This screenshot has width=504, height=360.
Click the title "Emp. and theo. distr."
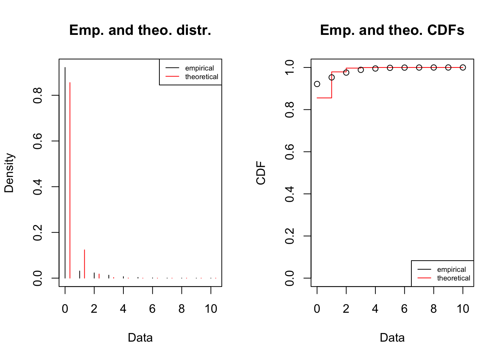point(140,30)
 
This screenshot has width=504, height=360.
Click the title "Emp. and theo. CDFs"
point(392,30)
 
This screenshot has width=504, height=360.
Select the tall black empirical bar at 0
point(65,172)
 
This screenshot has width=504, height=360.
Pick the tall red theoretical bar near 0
point(70,180)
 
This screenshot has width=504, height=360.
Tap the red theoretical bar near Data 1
point(85,264)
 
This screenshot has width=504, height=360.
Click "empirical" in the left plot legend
point(199,68)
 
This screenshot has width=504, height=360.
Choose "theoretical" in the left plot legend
point(201,77)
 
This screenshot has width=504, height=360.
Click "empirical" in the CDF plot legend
point(451,270)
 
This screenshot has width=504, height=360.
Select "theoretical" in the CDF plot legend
point(453,278)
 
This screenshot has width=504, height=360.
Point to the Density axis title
point(9,172)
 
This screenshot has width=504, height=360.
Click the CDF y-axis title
point(261,173)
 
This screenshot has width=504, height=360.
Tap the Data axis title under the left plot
point(140,337)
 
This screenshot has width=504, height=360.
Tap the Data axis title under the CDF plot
point(392,337)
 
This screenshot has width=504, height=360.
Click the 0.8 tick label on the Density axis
point(37,95)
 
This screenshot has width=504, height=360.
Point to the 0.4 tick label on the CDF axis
point(289,194)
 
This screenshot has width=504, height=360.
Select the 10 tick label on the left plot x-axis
point(211,309)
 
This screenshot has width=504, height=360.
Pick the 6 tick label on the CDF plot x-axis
point(404,309)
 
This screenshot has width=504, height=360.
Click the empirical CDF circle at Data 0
point(317,84)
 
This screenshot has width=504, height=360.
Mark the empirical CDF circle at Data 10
point(463,67)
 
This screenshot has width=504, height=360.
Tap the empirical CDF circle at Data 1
point(331,78)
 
